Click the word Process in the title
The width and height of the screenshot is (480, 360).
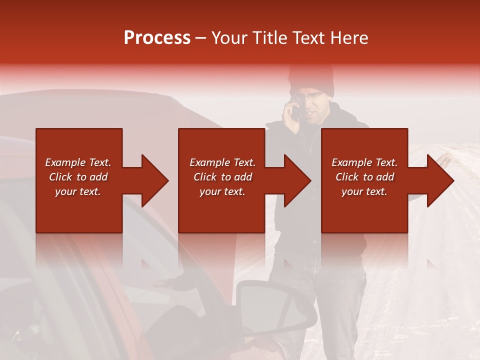click(157, 38)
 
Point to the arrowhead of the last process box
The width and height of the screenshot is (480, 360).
click(439, 180)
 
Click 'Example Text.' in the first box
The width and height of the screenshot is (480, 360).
click(78, 162)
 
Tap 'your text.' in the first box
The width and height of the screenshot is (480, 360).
click(78, 191)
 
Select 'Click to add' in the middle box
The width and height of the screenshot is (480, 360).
click(222, 177)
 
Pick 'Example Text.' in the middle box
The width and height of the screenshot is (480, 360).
click(222, 162)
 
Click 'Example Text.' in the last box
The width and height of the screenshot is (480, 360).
click(364, 162)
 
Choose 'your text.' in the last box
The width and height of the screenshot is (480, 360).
click(364, 191)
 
